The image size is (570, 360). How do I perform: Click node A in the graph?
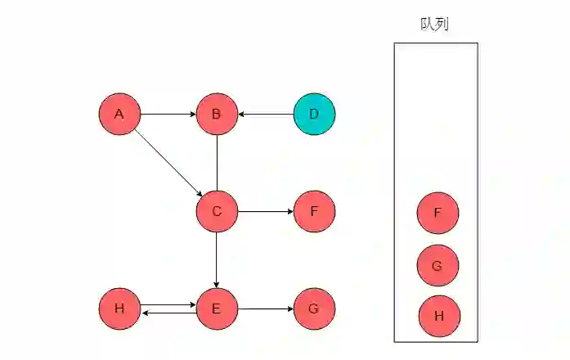[119, 114]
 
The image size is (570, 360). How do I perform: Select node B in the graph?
[217, 114]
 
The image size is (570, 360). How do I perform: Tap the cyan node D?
[314, 114]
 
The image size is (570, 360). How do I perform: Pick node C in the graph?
[217, 211]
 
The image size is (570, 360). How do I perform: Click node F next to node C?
[314, 211]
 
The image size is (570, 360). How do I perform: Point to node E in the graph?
[217, 308]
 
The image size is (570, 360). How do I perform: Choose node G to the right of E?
[314, 308]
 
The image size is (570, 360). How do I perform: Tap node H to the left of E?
[119, 308]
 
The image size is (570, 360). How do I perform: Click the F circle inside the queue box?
[438, 213]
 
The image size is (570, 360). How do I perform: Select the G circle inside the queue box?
[438, 266]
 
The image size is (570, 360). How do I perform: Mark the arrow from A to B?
[168, 114]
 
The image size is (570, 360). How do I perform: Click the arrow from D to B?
[266, 114]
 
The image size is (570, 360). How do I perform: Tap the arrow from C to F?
[266, 211]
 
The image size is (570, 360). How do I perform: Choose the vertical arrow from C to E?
[217, 259]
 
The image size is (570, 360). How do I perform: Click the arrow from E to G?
[266, 308]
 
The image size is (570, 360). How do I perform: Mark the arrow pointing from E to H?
[168, 313]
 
